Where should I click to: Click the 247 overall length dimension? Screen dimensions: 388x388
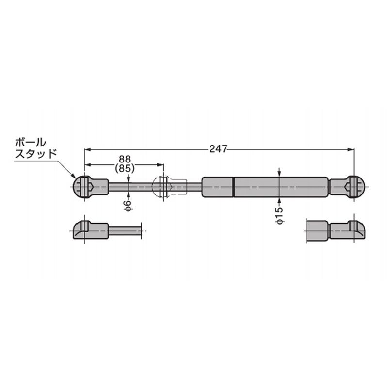(x=218, y=149)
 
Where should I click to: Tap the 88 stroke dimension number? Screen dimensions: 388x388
(x=125, y=159)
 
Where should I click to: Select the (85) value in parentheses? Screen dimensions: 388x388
(x=125, y=168)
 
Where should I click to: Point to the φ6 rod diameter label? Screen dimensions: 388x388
(x=128, y=206)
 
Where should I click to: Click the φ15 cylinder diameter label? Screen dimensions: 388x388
(x=279, y=215)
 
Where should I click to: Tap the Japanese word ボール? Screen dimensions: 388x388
(x=31, y=143)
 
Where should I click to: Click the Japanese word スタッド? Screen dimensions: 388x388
(x=36, y=154)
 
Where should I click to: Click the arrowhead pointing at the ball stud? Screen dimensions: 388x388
(x=74, y=176)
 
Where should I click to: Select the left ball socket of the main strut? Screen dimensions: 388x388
(x=91, y=187)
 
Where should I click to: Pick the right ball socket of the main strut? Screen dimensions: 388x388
(x=348, y=187)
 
